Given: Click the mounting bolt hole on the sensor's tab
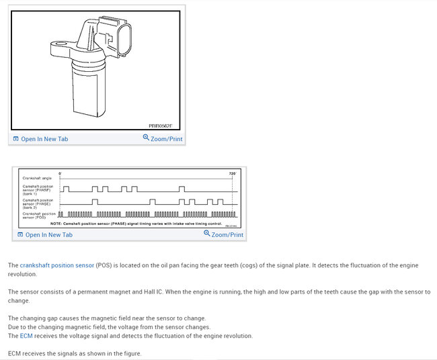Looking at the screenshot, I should (58, 48).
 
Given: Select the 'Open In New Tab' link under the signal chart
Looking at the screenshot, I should (48, 234).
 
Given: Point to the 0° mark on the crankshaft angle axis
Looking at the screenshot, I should (61, 173).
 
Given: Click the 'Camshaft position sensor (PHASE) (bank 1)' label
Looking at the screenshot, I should (38, 189).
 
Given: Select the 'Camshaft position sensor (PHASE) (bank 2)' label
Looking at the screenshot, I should (38, 203).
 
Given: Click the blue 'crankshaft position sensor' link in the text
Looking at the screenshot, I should (56, 265).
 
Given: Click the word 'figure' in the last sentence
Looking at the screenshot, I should (131, 353).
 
